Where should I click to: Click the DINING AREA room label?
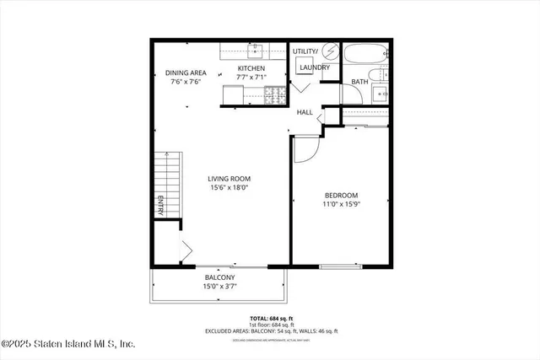pyautogui.click(x=186, y=73)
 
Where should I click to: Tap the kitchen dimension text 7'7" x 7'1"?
pyautogui.click(x=251, y=82)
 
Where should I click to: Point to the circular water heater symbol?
pyautogui.click(x=330, y=52)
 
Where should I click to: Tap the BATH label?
pyautogui.click(x=359, y=82)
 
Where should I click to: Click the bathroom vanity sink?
pyautogui.click(x=380, y=93)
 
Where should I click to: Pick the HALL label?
pyautogui.click(x=305, y=111)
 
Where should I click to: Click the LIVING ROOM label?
pyautogui.click(x=229, y=178)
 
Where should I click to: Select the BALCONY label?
pyautogui.click(x=219, y=277)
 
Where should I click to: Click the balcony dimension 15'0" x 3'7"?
pyautogui.click(x=219, y=287)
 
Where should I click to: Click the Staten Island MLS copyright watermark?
pyautogui.click(x=68, y=344)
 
